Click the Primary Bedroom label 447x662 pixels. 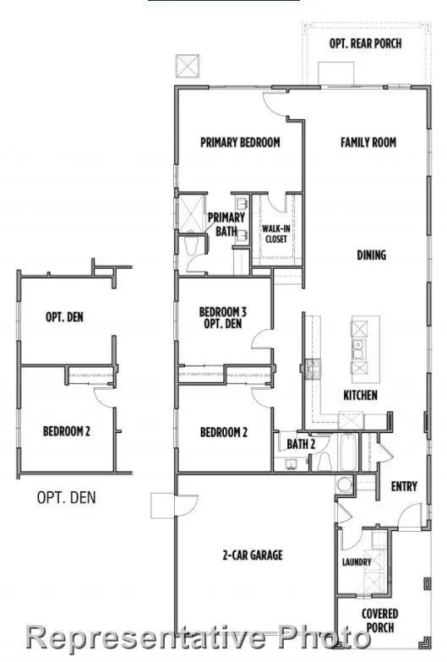coord(240,142)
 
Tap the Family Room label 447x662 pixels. coord(368,142)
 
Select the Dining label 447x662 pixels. coord(371,254)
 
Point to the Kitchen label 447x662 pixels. coord(359,395)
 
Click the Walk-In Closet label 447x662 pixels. coord(275,233)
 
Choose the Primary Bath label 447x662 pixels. coord(226,224)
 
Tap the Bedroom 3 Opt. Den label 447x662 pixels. coord(223,316)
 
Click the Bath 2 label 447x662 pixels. coord(300,443)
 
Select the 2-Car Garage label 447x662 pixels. coord(253,555)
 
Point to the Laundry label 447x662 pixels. coord(356,561)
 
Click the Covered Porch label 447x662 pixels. coord(379,621)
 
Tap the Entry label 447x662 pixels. coord(404,486)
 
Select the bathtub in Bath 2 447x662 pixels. coord(349,453)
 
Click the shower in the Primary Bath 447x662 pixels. coord(188,211)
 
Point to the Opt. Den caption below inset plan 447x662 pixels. coord(66,497)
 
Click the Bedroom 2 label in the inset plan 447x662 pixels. coord(67,430)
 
